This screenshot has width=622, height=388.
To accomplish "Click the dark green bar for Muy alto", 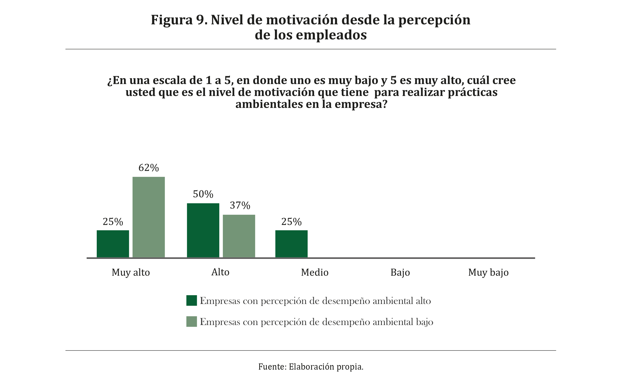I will [113, 244].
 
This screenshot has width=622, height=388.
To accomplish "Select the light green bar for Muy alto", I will [148, 217].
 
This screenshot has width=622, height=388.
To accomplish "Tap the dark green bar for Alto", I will [203, 230].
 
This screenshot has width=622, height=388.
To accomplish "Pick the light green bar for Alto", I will [239, 236].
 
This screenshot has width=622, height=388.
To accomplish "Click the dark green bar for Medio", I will [291, 244].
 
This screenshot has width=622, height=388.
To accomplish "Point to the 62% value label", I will [148, 168].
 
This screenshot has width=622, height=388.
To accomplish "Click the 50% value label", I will [203, 194].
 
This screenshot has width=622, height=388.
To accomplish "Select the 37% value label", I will [240, 205].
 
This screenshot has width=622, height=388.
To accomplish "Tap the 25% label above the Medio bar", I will [291, 222].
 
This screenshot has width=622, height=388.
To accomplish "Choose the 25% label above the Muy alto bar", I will [113, 222].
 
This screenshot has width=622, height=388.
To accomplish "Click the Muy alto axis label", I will [130, 273].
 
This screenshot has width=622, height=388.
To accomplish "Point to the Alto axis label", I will [220, 272].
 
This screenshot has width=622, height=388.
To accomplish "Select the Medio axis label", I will [315, 272].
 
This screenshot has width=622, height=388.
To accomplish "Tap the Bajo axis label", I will [400, 272].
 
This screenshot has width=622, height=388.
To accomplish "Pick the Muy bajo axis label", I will [488, 273].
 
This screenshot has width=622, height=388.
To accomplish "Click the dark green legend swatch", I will [192, 300].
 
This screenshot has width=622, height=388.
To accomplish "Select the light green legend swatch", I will [192, 321].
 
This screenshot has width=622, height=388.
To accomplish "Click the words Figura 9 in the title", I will [179, 20].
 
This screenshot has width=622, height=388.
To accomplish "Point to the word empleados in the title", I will [331, 35].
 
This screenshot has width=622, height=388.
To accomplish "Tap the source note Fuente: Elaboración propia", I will [311, 367].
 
